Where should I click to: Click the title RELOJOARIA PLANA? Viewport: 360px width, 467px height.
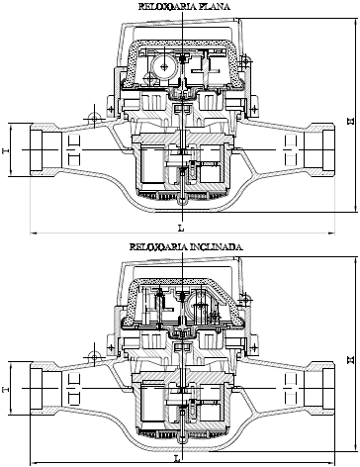(184, 7)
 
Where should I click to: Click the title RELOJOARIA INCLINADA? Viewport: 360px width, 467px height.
(186, 246)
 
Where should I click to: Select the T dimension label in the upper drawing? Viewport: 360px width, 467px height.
(6, 150)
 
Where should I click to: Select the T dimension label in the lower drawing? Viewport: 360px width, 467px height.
(6, 390)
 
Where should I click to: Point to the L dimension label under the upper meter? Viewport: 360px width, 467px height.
(181, 228)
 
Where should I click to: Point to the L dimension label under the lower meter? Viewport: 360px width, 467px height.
(177, 458)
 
